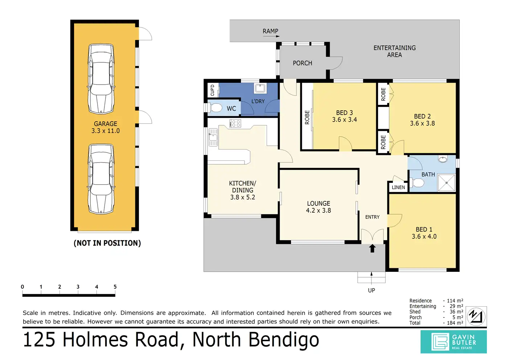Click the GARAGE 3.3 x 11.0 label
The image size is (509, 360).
pyautogui.click(x=106, y=127)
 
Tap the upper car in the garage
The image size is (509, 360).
pyautogui.click(x=101, y=79)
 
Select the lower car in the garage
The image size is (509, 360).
pyautogui.click(x=101, y=179)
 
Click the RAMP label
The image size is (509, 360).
pyautogui.click(x=270, y=31)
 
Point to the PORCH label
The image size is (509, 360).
pyautogui.click(x=303, y=63)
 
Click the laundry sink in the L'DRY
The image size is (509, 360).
pyautogui.click(x=260, y=88)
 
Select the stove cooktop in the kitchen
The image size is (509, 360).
pyautogui.click(x=235, y=123)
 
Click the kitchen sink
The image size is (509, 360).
pyautogui.click(x=213, y=137)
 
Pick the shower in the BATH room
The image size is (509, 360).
pyautogui.click(x=447, y=183)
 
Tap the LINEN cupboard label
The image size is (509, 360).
pyautogui.click(x=398, y=188)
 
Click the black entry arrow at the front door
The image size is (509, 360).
pyautogui.click(x=372, y=248)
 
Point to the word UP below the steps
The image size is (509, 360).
pyautogui.click(x=372, y=290)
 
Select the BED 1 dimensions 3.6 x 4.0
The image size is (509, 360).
pyautogui.click(x=424, y=236)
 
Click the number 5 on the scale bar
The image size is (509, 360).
pyautogui.click(x=115, y=287)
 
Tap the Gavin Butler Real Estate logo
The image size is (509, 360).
pyautogui.click(x=453, y=342)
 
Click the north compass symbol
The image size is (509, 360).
pyautogui.click(x=476, y=316)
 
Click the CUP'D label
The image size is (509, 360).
pyautogui.click(x=213, y=90)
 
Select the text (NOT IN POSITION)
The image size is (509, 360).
pyautogui.click(x=107, y=243)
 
